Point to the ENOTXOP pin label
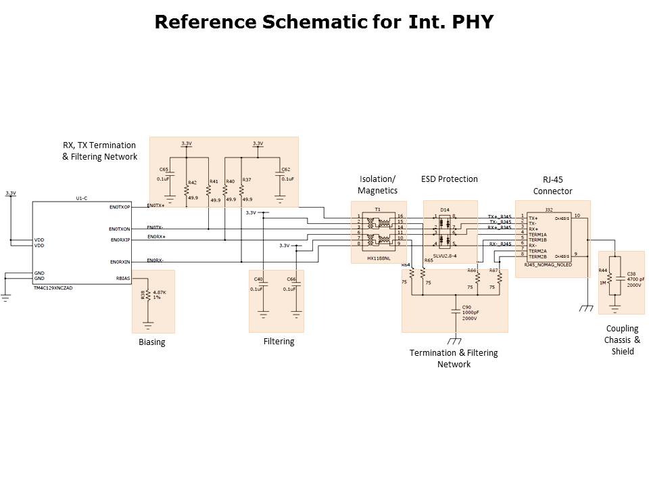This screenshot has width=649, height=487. [x=120, y=206]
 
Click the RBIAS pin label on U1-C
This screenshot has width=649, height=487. [x=123, y=277]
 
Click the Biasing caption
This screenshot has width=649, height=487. [x=151, y=342]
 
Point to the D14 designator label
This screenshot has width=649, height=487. [x=445, y=210]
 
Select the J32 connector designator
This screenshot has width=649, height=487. [x=549, y=210]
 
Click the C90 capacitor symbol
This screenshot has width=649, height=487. [x=455, y=311]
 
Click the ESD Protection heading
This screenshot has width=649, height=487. [x=449, y=179]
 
